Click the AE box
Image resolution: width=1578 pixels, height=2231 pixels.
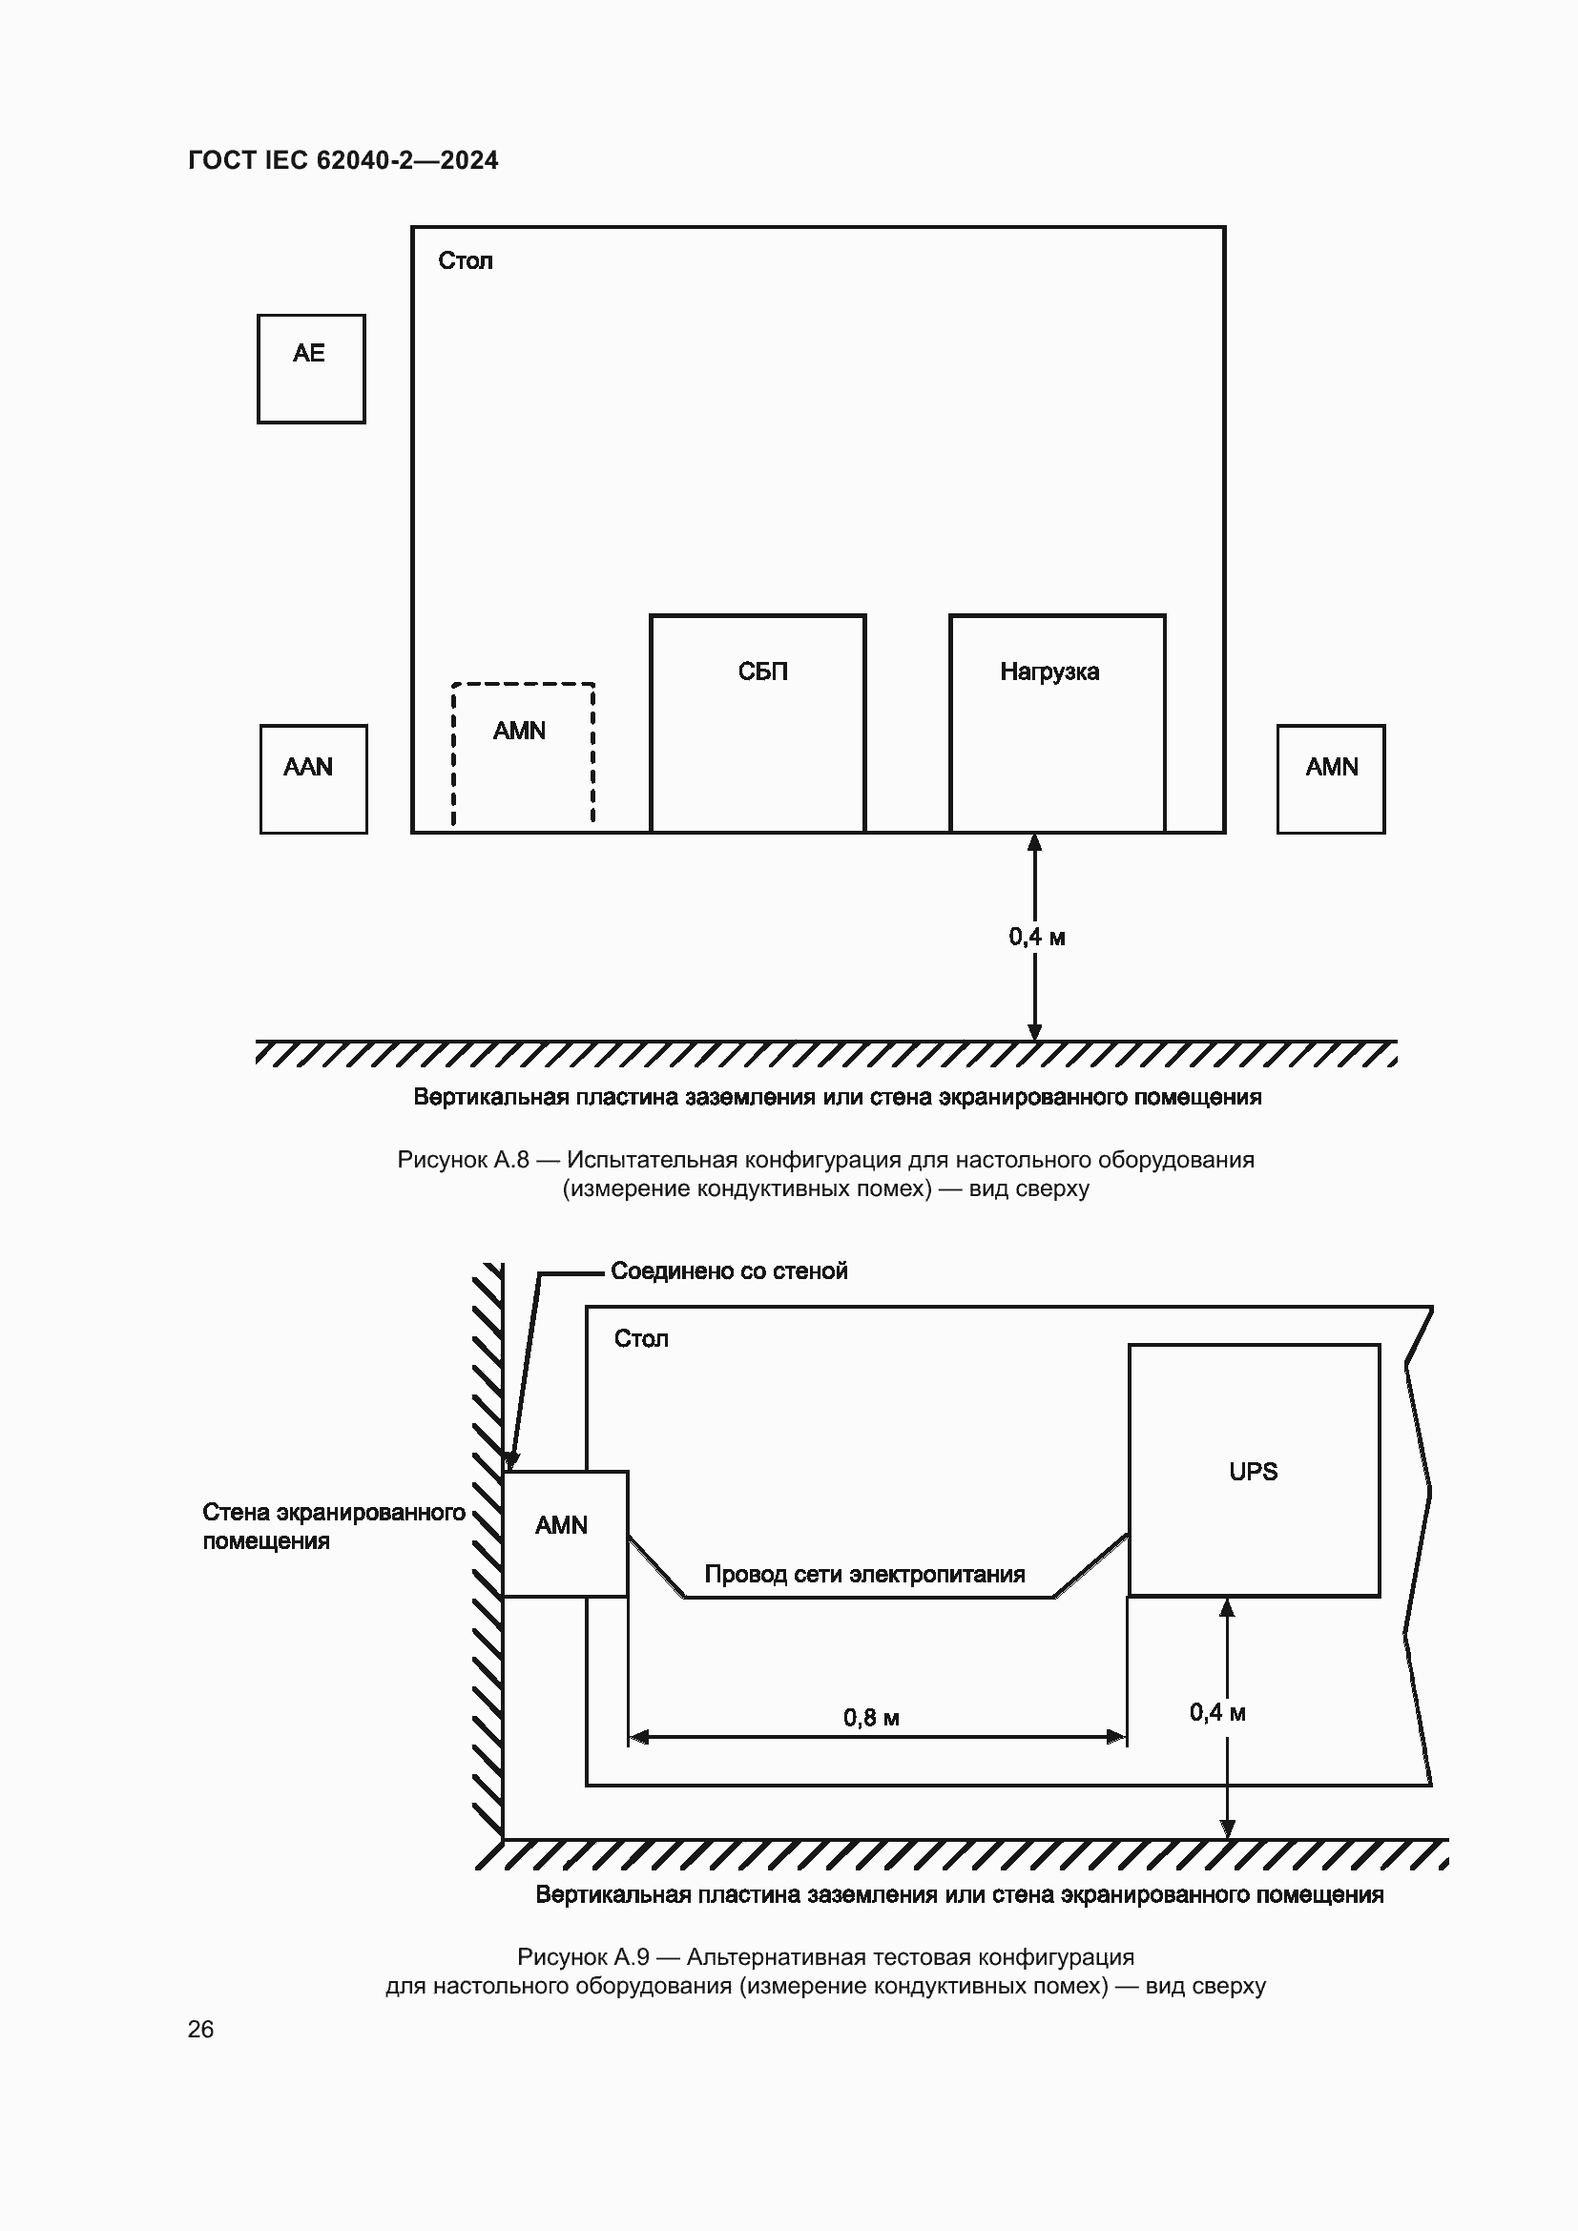click(311, 368)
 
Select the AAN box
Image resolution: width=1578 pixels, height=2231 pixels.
click(313, 778)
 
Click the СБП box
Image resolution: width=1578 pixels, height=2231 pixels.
click(758, 723)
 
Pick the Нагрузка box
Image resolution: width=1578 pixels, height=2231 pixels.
click(1057, 723)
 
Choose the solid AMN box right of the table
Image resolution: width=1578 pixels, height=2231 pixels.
click(1330, 778)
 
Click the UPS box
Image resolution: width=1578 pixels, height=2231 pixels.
click(1254, 1470)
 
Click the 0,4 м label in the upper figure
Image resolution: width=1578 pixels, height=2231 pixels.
click(1037, 938)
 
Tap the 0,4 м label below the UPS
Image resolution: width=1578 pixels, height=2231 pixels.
click(1217, 1713)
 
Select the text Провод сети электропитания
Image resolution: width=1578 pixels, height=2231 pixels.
click(864, 1574)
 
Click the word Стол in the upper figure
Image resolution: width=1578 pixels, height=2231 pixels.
click(466, 261)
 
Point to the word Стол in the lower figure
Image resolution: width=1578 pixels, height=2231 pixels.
click(641, 1339)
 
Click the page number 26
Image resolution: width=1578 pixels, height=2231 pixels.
click(201, 2029)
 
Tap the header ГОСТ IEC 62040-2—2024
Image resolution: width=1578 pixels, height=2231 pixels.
click(343, 160)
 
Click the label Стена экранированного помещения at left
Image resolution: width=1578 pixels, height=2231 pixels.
click(333, 1526)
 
